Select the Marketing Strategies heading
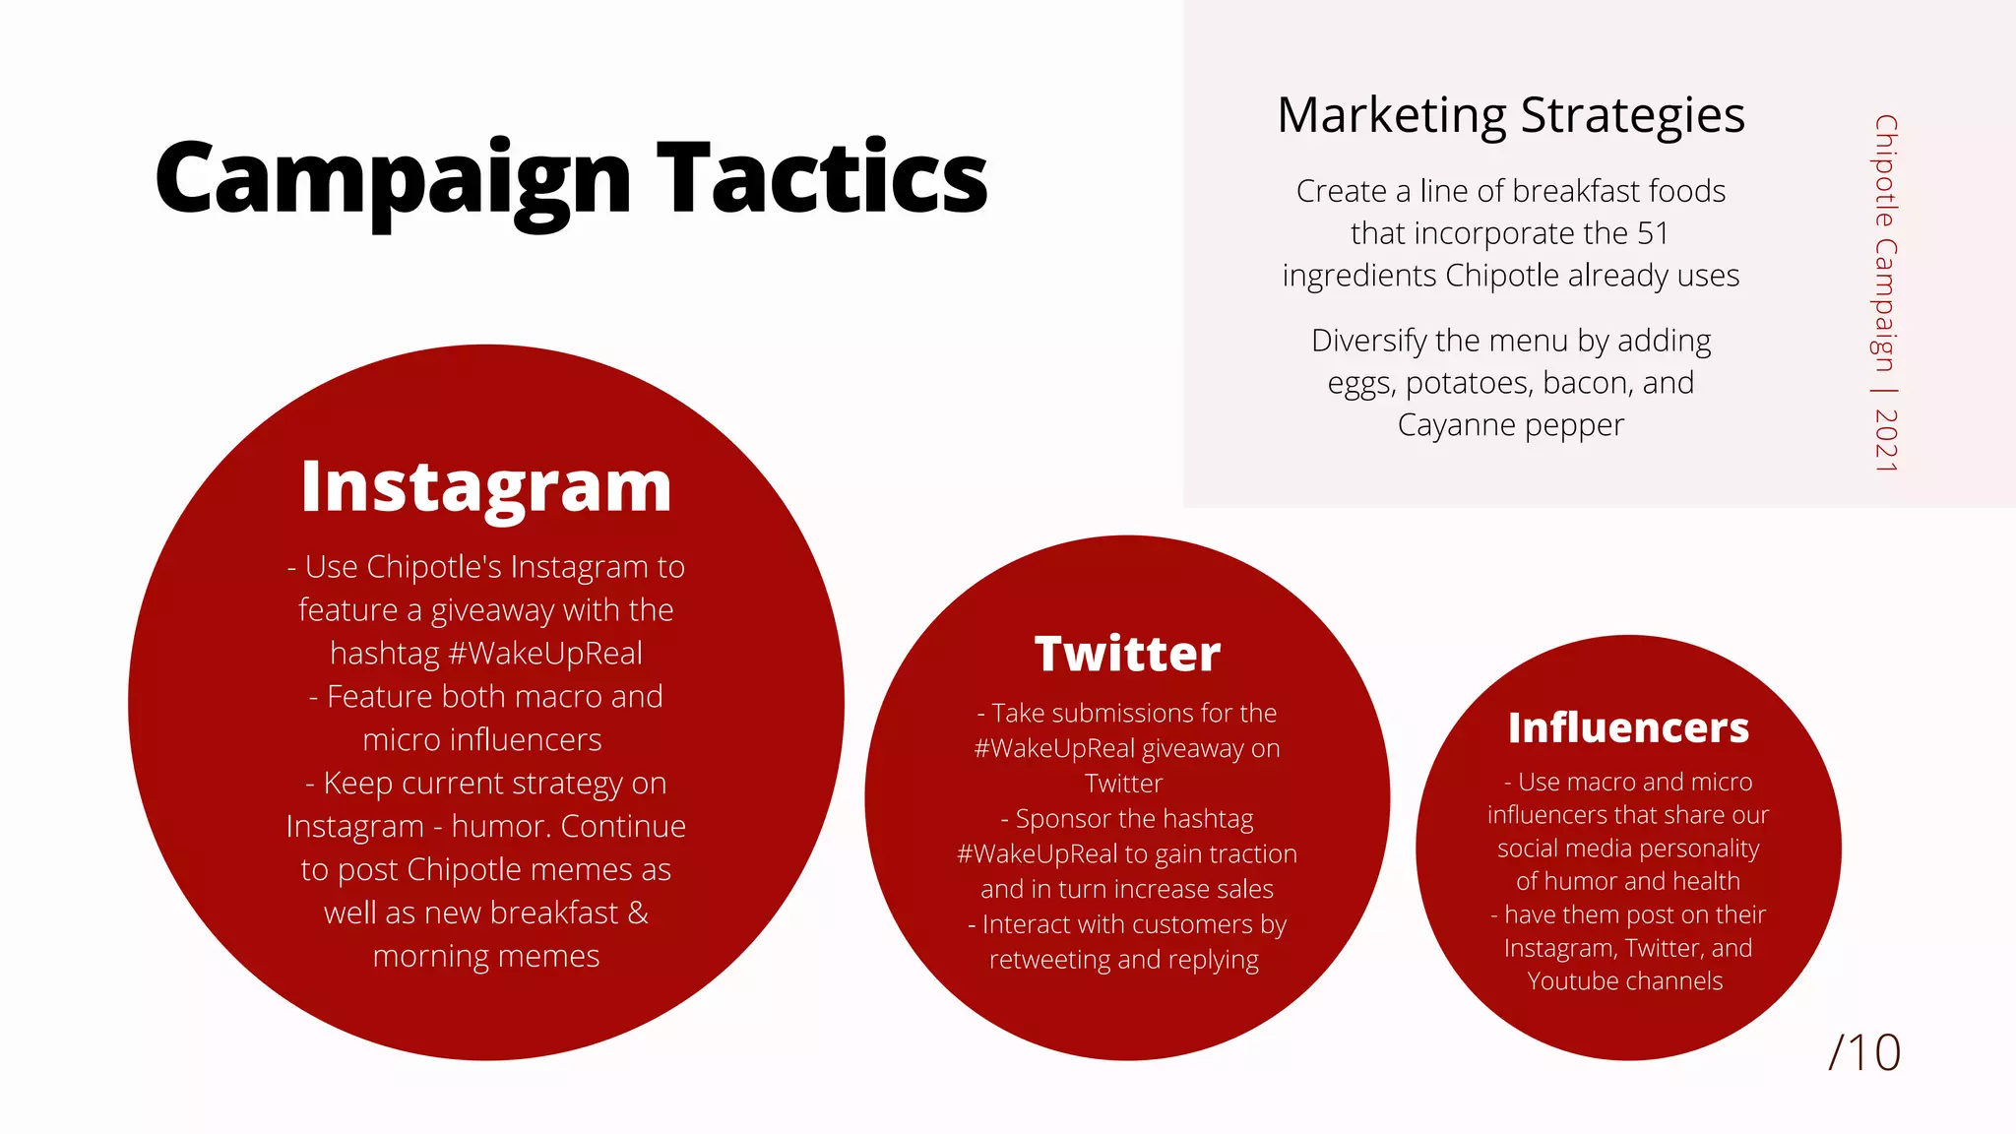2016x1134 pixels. click(1510, 115)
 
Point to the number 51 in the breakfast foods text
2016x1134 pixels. click(1653, 233)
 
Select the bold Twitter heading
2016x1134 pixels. click(1127, 654)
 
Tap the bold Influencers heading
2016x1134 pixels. click(1628, 728)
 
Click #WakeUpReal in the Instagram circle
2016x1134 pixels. click(544, 654)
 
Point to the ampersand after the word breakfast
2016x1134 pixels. click(638, 913)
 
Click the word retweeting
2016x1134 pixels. click(1049, 960)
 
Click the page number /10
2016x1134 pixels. click(1864, 1052)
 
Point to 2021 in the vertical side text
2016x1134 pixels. click(1886, 440)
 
